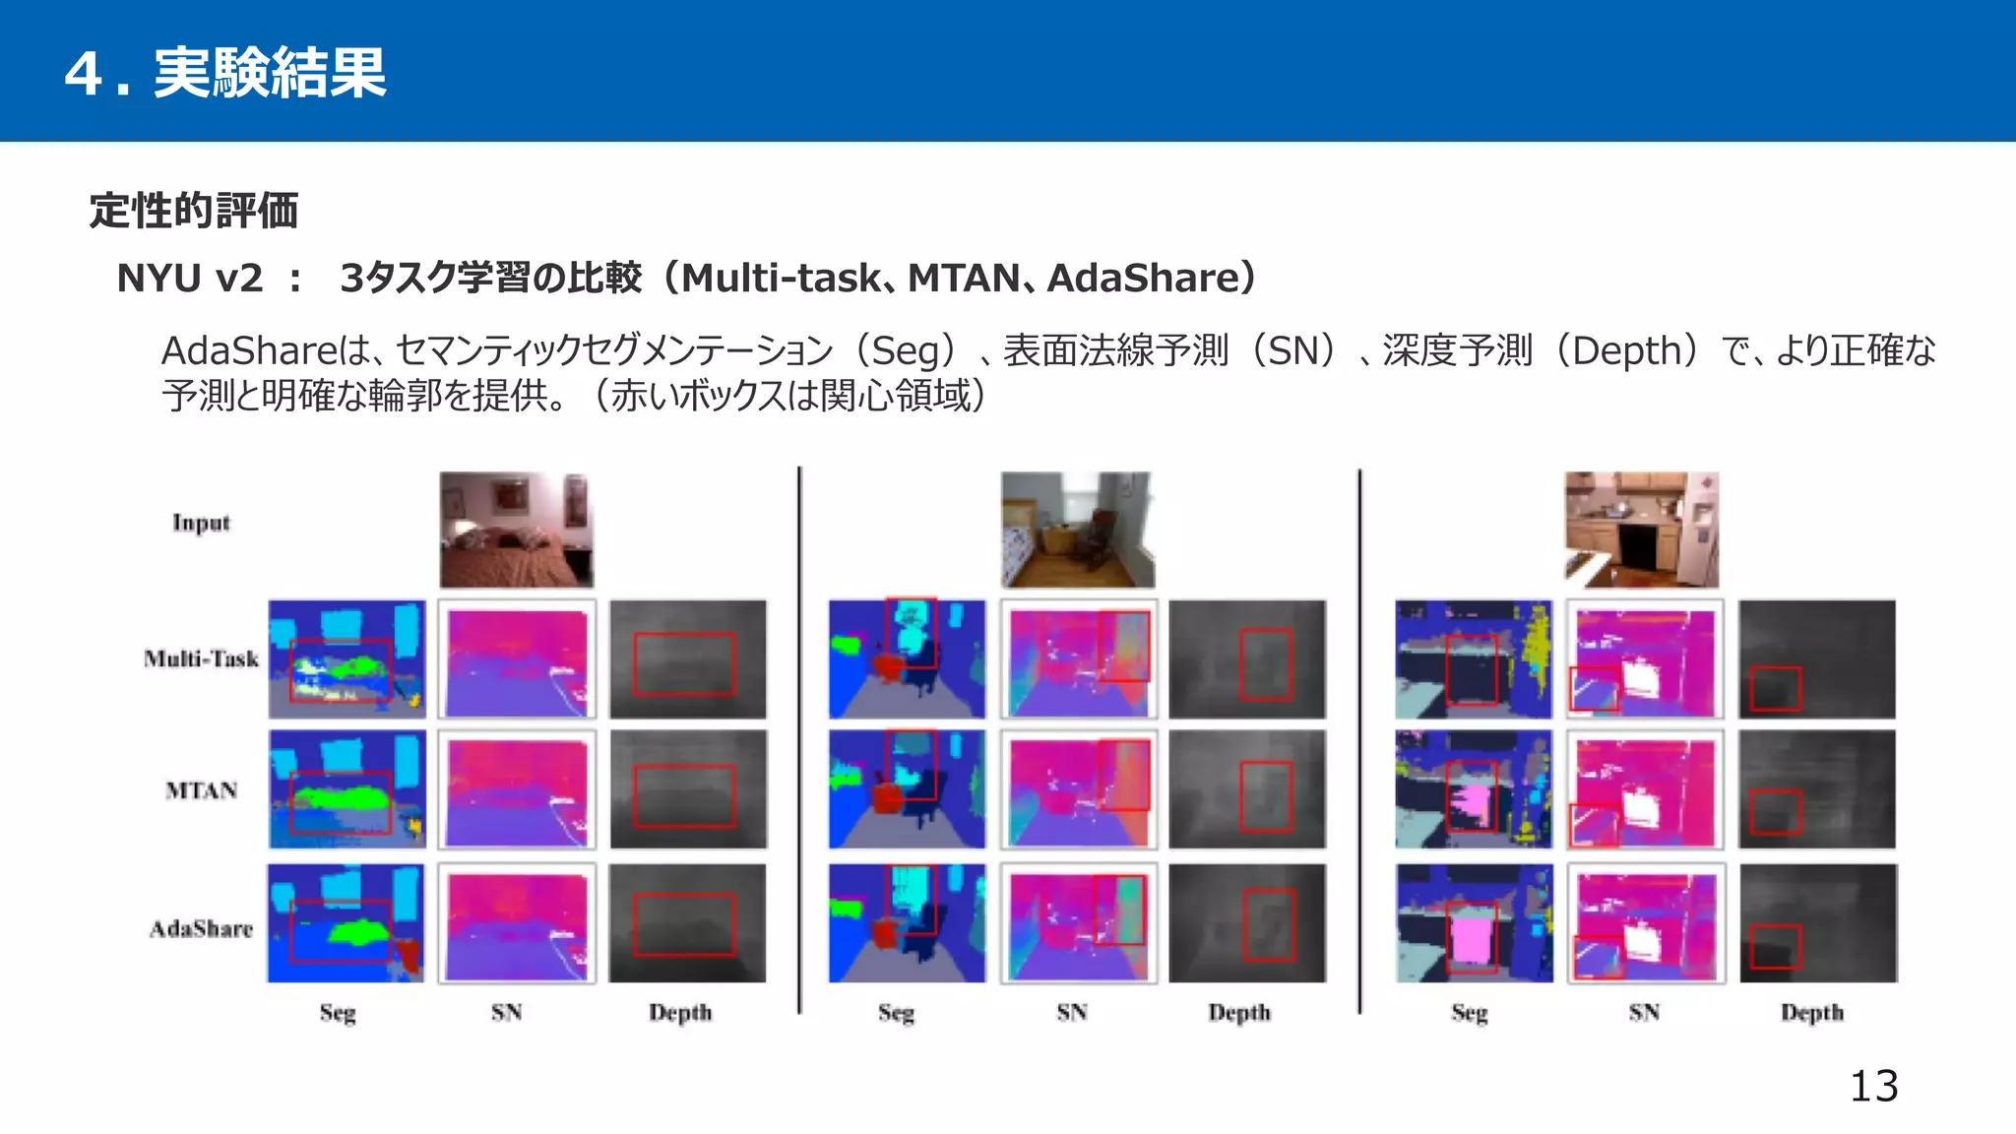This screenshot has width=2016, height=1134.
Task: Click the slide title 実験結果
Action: [x=269, y=73]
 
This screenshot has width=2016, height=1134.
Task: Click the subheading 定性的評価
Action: [x=194, y=211]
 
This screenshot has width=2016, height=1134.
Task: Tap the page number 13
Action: [x=1873, y=1087]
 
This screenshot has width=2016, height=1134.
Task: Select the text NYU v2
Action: [x=190, y=279]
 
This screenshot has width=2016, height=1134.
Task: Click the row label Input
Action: [x=201, y=523]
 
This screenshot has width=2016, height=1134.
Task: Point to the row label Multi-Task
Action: [x=201, y=659]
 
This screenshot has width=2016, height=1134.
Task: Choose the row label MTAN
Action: [x=201, y=790]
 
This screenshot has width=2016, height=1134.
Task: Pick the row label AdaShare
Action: [x=201, y=928]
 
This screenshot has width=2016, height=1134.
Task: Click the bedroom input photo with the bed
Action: [x=516, y=530]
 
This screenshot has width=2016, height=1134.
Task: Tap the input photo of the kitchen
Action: [x=1641, y=530]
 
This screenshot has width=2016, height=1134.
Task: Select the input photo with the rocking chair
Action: [x=1078, y=530]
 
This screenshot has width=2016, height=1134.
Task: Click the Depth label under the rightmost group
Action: [x=1811, y=1012]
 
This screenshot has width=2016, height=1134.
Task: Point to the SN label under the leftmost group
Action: [x=506, y=1012]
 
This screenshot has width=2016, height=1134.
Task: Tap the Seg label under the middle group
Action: [x=896, y=1012]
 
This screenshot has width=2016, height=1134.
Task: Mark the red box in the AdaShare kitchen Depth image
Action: [x=1775, y=947]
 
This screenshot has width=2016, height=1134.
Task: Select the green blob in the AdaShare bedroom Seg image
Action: [x=356, y=930]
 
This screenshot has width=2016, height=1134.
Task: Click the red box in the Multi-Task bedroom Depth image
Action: [x=684, y=664]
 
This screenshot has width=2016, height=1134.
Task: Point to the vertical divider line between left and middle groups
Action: [x=799, y=738]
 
